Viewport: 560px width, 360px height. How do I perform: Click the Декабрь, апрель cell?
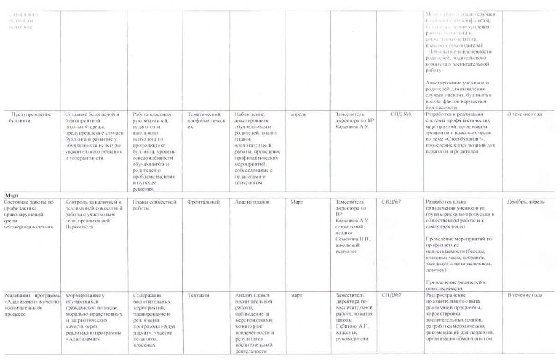[x=526, y=202]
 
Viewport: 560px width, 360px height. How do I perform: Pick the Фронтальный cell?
[x=203, y=202]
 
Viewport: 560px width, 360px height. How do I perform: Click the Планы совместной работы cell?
[x=155, y=205]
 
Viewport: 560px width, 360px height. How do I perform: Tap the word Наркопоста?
[x=80, y=227]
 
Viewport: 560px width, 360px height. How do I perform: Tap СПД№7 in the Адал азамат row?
[x=391, y=295]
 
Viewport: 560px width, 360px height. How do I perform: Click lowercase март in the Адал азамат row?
[x=297, y=295]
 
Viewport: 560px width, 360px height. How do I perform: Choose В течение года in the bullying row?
[x=524, y=114]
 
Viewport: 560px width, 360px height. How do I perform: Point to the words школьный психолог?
[x=347, y=248]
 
